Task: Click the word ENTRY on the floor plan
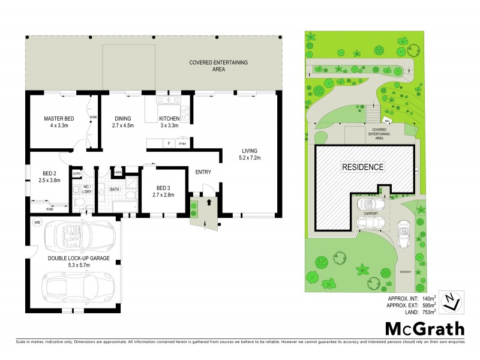(203, 172)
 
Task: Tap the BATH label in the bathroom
(115, 190)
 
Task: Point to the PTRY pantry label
(182, 144)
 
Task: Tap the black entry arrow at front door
(208, 203)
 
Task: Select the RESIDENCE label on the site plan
(364, 166)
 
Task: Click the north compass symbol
(451, 302)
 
